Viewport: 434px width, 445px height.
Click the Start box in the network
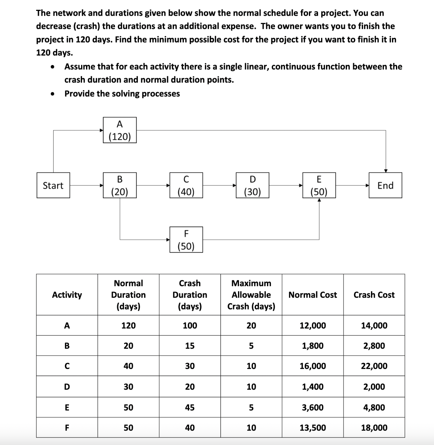click(x=53, y=185)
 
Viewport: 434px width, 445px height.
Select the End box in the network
click(x=385, y=185)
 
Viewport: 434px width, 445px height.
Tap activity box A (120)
click(x=119, y=130)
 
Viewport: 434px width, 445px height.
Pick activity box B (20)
click(x=119, y=185)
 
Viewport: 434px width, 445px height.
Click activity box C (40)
click(x=186, y=185)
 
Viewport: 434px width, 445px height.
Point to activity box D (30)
click(x=252, y=185)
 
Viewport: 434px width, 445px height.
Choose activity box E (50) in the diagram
click(x=319, y=185)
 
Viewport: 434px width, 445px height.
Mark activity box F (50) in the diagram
click(x=186, y=240)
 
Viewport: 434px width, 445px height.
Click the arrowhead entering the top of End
click(x=386, y=171)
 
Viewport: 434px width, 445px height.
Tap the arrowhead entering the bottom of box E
click(x=319, y=200)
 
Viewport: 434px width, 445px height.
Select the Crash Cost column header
click(x=374, y=295)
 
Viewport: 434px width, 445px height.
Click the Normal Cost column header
click(x=313, y=295)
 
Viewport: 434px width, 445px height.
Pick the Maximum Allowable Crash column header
click(x=251, y=295)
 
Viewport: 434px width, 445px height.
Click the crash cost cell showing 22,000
click(x=374, y=366)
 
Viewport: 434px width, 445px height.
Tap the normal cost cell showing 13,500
click(x=313, y=428)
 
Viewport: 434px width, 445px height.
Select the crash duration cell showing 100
click(x=190, y=326)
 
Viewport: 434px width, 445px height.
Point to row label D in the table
click(x=67, y=387)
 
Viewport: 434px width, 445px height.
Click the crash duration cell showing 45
click(x=190, y=407)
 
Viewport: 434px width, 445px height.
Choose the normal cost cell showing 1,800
click(x=313, y=346)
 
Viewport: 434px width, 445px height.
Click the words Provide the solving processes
click(x=122, y=94)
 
